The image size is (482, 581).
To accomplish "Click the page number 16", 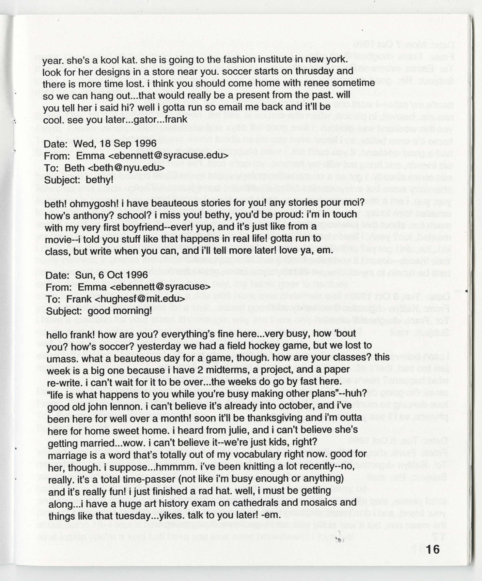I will pyautogui.click(x=432, y=550).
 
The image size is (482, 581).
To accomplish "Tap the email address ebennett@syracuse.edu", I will pyautogui.click(x=168, y=156).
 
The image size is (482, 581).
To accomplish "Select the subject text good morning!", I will pyautogui.click(x=120, y=311).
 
